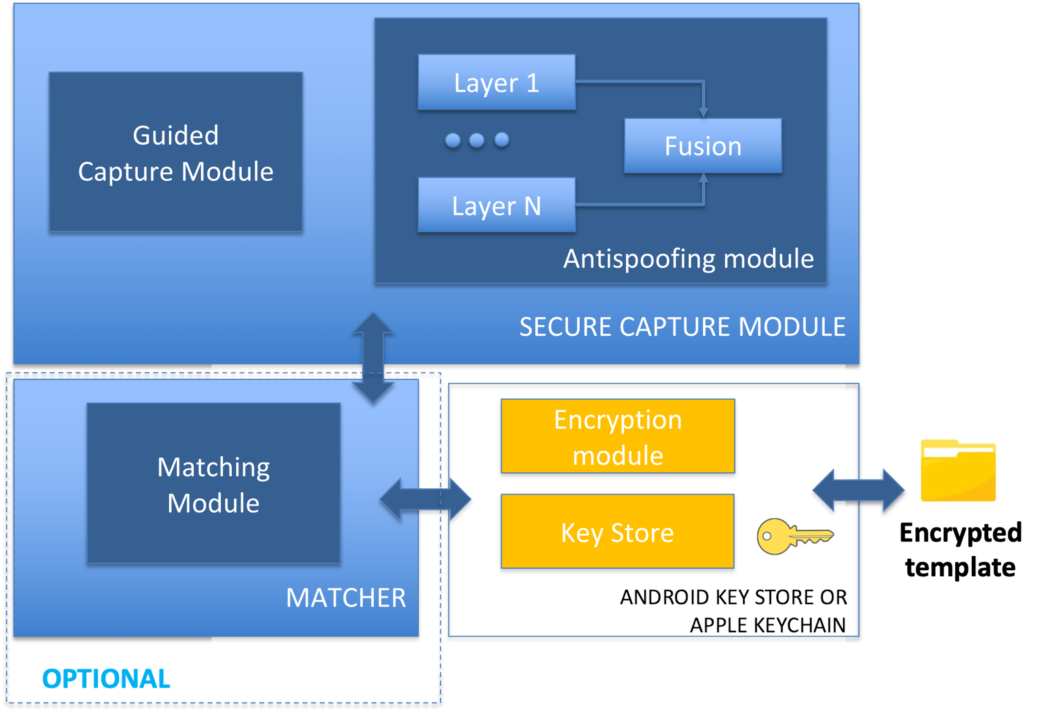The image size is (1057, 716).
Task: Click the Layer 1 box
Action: click(x=496, y=82)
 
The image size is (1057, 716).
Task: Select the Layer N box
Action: click(x=496, y=205)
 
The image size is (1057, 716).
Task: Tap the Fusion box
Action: click(x=703, y=146)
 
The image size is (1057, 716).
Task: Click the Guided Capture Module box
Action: click(x=175, y=152)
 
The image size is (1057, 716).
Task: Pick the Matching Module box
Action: click(x=214, y=483)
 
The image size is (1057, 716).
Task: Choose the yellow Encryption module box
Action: click(x=618, y=436)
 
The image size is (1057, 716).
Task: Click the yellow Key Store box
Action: click(x=618, y=531)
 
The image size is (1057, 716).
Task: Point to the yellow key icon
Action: click(x=795, y=536)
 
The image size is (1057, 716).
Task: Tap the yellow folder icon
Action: click(x=958, y=471)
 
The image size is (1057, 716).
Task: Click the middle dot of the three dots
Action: click(x=476, y=140)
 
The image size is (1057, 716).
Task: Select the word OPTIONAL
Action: click(x=106, y=679)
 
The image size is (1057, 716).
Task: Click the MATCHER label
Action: click(x=346, y=597)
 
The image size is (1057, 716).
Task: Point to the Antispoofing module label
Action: click(x=688, y=259)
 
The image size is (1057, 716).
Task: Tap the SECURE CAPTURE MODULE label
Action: click(x=682, y=327)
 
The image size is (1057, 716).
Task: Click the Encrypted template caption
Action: click(x=961, y=550)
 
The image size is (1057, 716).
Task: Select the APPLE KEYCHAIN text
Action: click(x=768, y=625)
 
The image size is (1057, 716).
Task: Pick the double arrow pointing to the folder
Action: click(x=858, y=490)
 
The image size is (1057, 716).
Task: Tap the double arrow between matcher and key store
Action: click(x=425, y=499)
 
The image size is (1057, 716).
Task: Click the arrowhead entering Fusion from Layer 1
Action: click(x=703, y=113)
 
